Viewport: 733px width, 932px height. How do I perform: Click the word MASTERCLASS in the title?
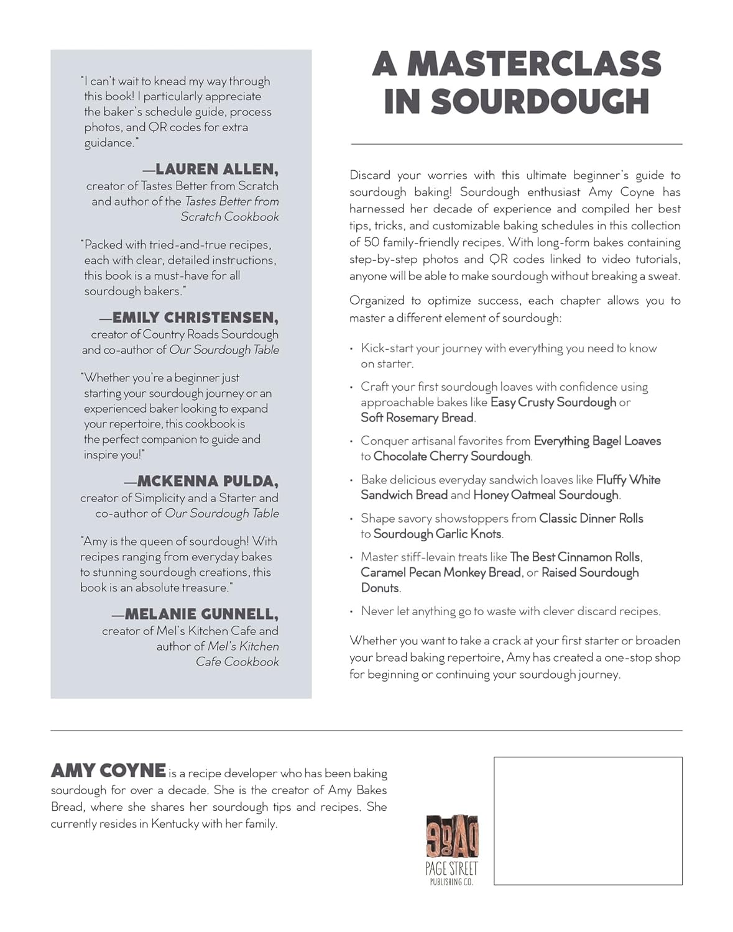tap(534, 64)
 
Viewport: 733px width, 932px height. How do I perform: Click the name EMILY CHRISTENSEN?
tap(195, 318)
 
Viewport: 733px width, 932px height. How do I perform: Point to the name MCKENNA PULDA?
tap(207, 481)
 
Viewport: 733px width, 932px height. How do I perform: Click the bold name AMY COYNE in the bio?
tap(108, 771)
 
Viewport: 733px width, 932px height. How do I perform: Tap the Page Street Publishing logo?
tap(451, 849)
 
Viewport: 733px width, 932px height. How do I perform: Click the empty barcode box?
tap(588, 820)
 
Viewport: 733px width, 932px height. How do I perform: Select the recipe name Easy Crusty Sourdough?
tap(553, 402)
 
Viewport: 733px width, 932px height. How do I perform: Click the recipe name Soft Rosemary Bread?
tap(417, 418)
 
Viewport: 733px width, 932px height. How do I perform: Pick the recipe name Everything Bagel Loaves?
tap(597, 441)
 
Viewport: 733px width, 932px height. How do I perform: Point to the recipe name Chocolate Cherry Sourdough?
tap(452, 456)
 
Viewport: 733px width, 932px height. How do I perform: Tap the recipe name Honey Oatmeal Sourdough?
tap(546, 495)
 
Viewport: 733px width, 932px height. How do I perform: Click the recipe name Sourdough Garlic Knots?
tap(437, 534)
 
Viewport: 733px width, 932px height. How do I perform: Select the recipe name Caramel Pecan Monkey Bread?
tap(440, 572)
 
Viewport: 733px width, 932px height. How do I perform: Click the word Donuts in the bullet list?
tap(380, 588)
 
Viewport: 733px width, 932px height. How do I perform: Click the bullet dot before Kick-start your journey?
tap(352, 349)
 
